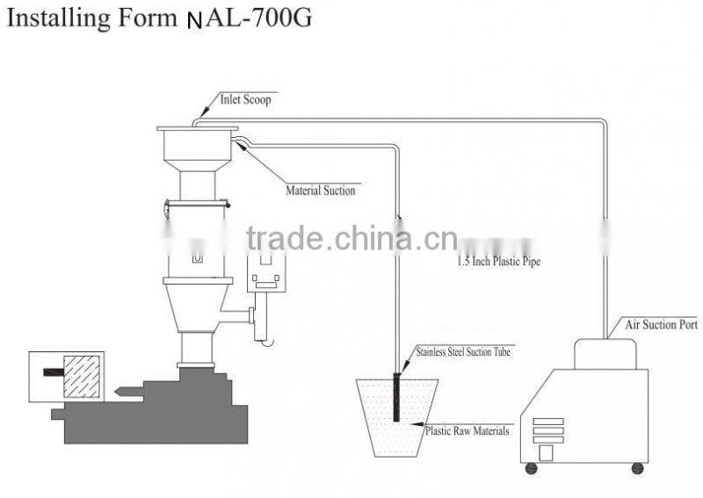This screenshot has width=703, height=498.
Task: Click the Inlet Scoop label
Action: [245, 99]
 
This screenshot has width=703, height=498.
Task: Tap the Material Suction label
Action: [321, 191]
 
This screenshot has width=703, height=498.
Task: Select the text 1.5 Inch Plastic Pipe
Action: [498, 261]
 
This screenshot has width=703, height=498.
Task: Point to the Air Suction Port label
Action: [662, 324]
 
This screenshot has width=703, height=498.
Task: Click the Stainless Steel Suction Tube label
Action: [463, 352]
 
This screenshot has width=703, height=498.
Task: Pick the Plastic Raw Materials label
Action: [467, 431]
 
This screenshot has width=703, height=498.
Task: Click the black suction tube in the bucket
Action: [396, 397]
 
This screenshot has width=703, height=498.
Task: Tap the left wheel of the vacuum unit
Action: [532, 468]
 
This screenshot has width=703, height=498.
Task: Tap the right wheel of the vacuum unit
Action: [638, 468]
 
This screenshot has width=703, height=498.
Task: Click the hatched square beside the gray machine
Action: [82, 377]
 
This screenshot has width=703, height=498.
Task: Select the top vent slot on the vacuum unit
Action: [548, 422]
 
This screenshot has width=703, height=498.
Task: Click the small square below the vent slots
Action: [546, 452]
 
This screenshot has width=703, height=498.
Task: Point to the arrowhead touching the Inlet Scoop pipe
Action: [204, 112]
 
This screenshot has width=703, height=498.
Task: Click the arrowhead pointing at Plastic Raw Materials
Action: [417, 423]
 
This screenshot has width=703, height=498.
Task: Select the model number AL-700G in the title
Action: [257, 18]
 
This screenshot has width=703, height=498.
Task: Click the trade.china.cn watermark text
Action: [352, 238]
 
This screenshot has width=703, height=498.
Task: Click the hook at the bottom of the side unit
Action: [268, 343]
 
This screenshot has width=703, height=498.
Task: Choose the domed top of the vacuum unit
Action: [605, 353]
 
